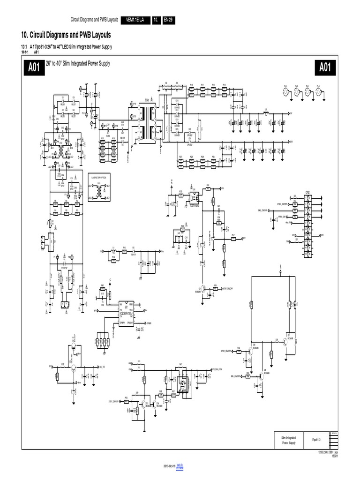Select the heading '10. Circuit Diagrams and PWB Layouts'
click(x=66, y=35)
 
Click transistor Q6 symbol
click(x=261, y=375)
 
